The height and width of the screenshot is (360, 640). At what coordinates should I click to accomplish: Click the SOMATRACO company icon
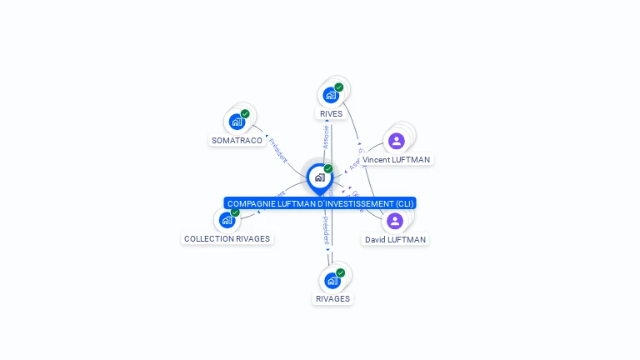pyautogui.click(x=237, y=122)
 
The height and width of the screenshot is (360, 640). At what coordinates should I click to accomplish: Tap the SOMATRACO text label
pyautogui.click(x=237, y=141)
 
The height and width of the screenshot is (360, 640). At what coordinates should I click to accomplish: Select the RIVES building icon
pyautogui.click(x=331, y=95)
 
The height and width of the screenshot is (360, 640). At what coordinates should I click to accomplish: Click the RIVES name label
pyautogui.click(x=331, y=114)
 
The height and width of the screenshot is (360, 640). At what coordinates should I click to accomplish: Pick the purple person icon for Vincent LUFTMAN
pyautogui.click(x=396, y=140)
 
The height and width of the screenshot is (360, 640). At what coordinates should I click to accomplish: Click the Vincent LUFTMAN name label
pyautogui.click(x=397, y=159)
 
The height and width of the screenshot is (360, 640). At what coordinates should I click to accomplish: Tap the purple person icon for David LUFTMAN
pyautogui.click(x=395, y=221)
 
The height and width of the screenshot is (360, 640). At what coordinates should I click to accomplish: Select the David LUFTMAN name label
pyautogui.click(x=395, y=240)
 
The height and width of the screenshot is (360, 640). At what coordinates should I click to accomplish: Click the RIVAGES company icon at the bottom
pyautogui.click(x=332, y=280)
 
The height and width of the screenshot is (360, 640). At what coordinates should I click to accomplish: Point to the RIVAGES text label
pyautogui.click(x=332, y=299)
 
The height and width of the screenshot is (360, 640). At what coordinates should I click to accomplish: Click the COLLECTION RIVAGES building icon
pyautogui.click(x=227, y=220)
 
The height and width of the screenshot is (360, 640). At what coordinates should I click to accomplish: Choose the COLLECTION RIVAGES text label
pyautogui.click(x=227, y=239)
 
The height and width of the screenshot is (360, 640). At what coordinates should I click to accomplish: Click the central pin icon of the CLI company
pyautogui.click(x=319, y=177)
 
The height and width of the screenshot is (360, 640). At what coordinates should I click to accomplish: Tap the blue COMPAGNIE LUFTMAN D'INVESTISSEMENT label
pyautogui.click(x=320, y=203)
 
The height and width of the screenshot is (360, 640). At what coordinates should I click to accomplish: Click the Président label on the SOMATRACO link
pyautogui.click(x=277, y=150)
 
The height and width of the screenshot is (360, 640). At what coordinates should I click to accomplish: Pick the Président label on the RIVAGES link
pyautogui.click(x=325, y=231)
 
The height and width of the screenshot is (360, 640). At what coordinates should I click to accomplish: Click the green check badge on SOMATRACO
pyautogui.click(x=245, y=114)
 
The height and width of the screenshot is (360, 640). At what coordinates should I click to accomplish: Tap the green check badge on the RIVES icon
pyautogui.click(x=339, y=87)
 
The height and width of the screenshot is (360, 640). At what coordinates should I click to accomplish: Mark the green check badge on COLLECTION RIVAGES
pyautogui.click(x=235, y=212)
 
